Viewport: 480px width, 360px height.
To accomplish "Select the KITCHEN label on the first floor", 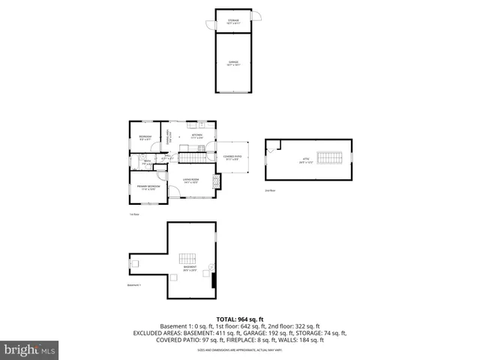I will (196, 136).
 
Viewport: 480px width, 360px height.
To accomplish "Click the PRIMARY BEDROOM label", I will (147, 187).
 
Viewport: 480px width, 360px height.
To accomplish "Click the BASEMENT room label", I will (190, 268).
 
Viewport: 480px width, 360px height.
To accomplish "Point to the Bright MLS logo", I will (30, 349).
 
